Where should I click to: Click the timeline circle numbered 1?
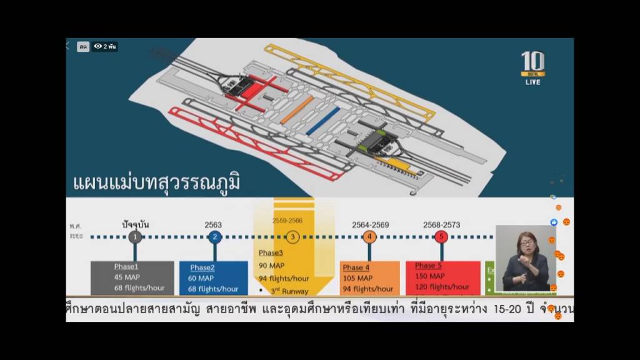coord(135,237)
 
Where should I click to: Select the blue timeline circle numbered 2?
coord(214,237)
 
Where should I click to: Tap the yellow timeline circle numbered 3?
coord(292,237)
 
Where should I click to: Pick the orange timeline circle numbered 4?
coord(369,237)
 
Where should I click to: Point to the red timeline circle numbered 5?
coord(441,237)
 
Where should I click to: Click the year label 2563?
coord(214,225)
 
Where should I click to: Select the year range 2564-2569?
coord(370,225)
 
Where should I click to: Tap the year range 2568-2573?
coord(441,225)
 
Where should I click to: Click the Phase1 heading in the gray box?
coord(126,267)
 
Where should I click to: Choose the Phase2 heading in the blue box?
coord(202,267)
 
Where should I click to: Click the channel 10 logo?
coord(532,65)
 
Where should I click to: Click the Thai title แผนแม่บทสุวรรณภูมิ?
coord(156,183)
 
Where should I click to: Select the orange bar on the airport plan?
coord(296,110)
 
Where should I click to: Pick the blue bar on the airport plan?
coord(323,121)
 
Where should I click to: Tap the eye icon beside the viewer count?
coord(98,46)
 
